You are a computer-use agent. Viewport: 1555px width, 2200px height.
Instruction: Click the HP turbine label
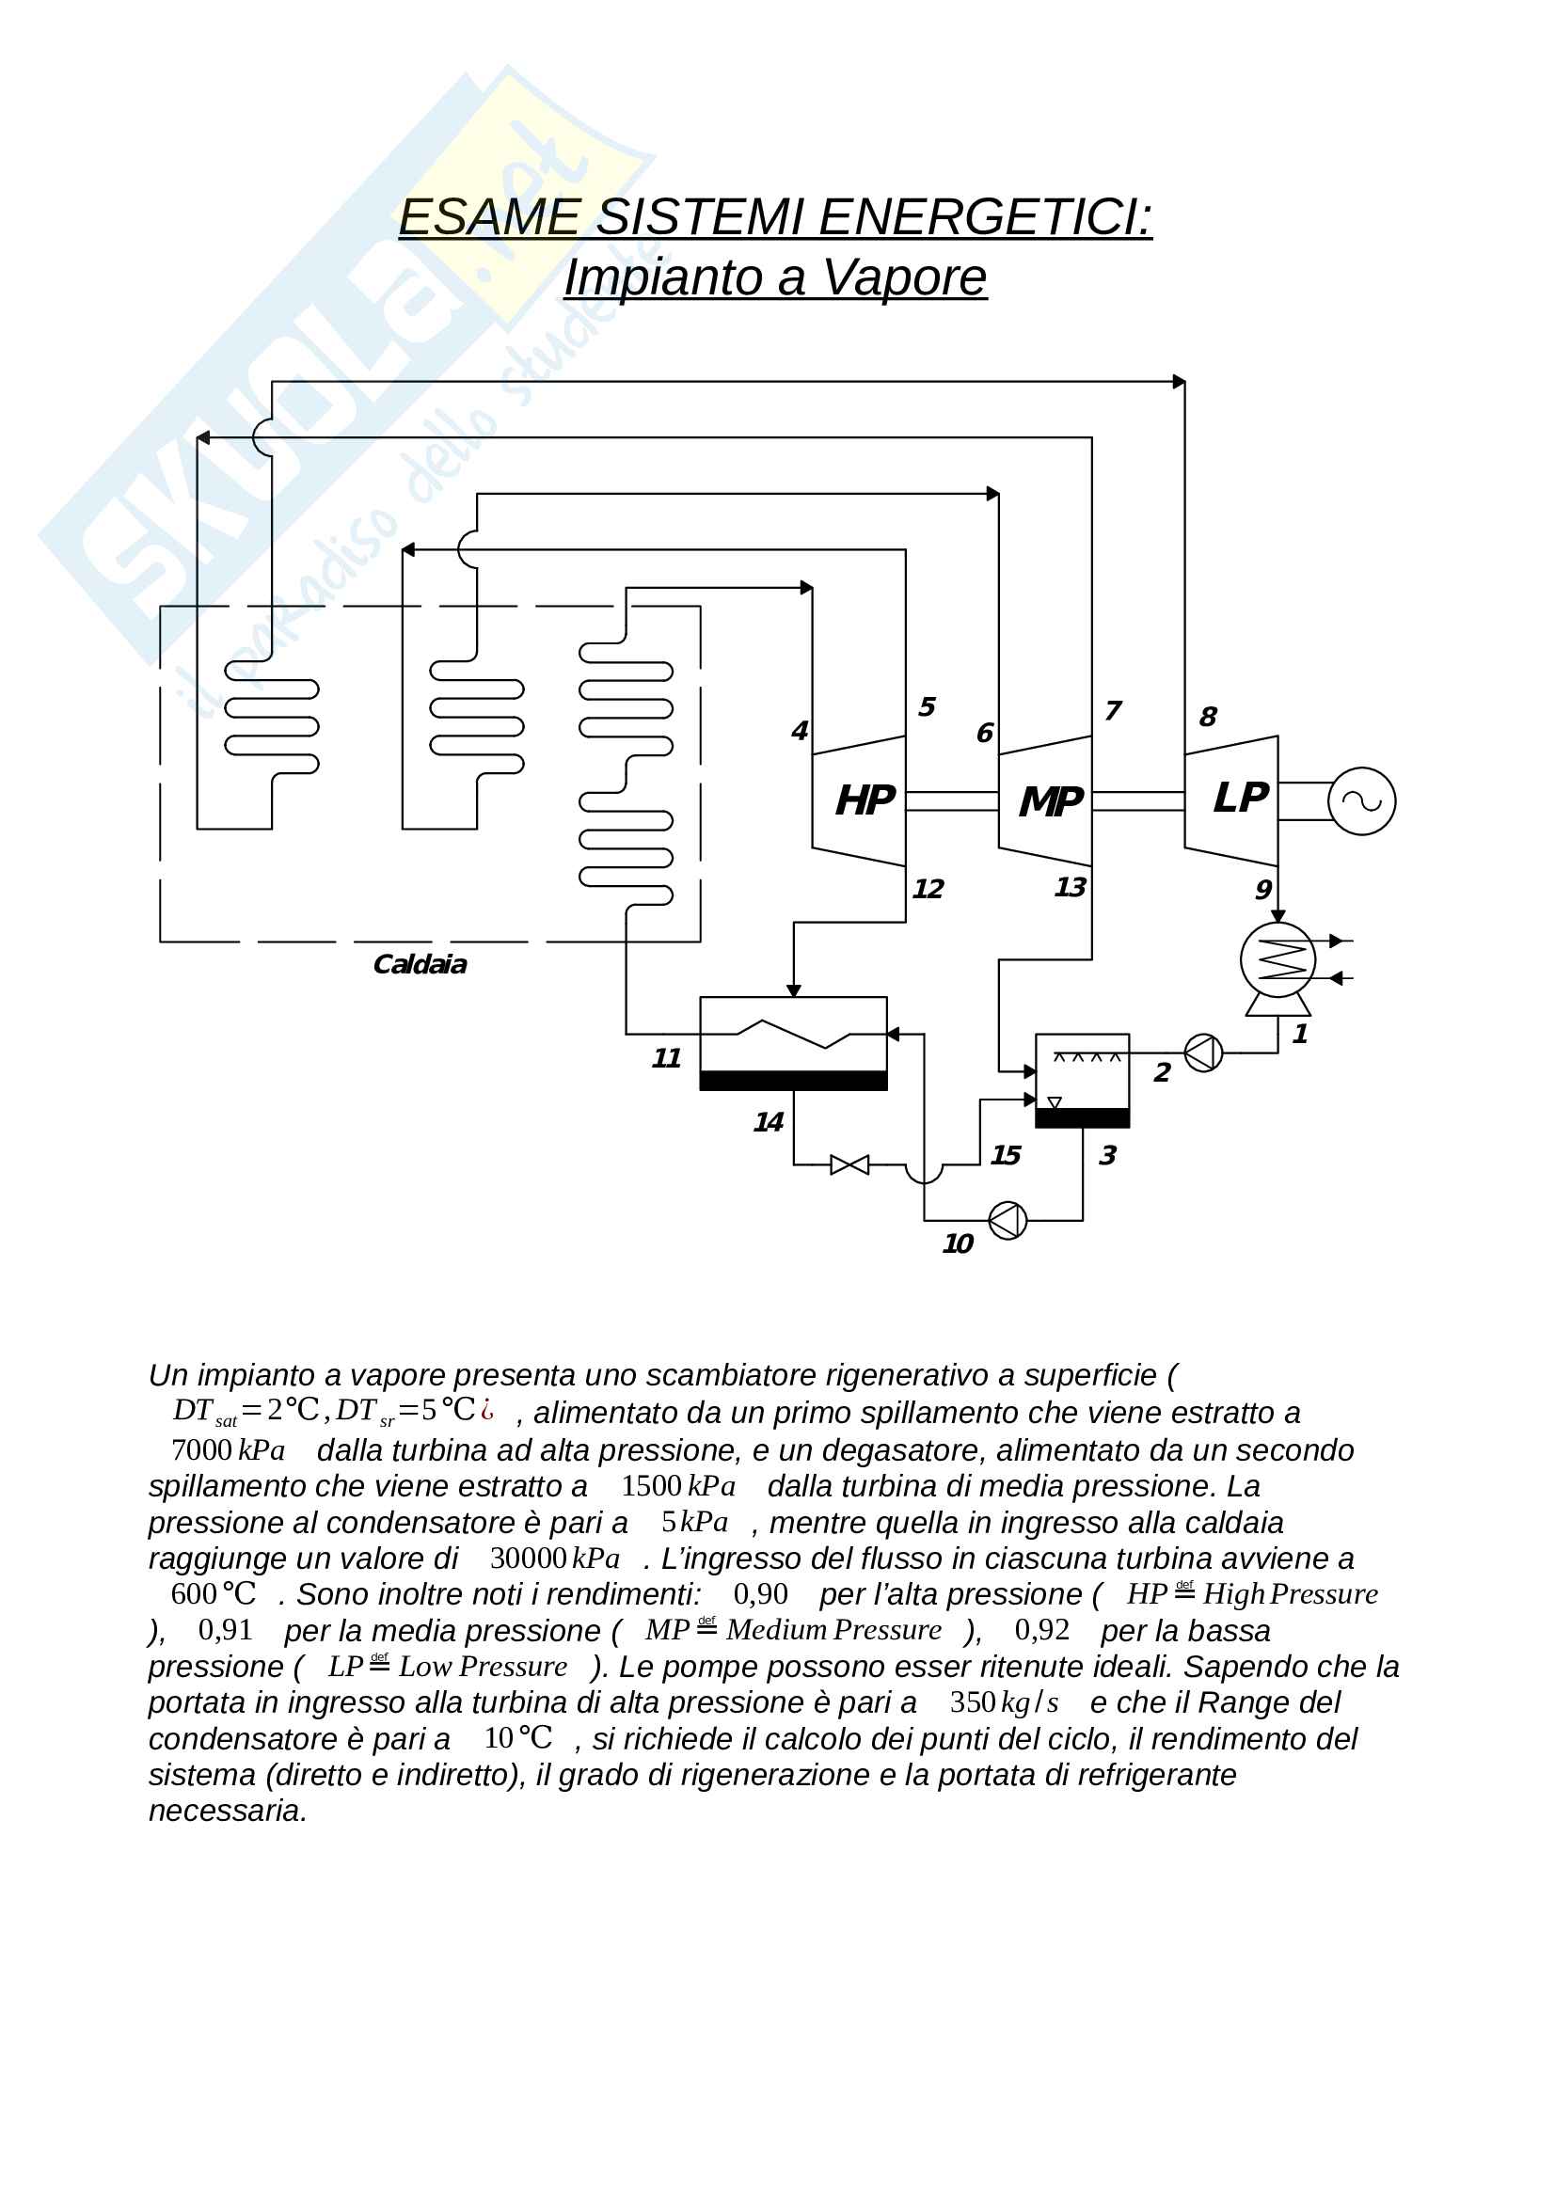pyautogui.click(x=865, y=800)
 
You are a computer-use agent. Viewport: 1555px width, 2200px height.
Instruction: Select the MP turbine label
pyautogui.click(x=1051, y=801)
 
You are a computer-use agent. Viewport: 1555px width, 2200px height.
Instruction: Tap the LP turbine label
pyautogui.click(x=1240, y=798)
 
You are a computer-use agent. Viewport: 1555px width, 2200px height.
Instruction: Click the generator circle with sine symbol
pyautogui.click(x=1361, y=801)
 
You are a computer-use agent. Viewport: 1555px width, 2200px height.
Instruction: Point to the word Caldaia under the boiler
pyautogui.click(x=420, y=964)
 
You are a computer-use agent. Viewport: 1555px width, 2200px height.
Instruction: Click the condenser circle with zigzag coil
pyautogui.click(x=1277, y=959)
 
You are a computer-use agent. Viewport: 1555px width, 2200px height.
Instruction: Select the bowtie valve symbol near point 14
pyautogui.click(x=849, y=1165)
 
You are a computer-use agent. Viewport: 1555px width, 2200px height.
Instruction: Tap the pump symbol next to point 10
pyautogui.click(x=1007, y=1221)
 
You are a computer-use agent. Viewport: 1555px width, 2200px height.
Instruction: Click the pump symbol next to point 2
pyautogui.click(x=1203, y=1053)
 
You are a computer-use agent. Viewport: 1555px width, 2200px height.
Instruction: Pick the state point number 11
pyautogui.click(x=666, y=1058)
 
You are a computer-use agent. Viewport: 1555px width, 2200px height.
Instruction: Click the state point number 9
pyautogui.click(x=1263, y=889)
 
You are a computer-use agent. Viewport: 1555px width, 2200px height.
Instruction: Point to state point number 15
pyautogui.click(x=1005, y=1156)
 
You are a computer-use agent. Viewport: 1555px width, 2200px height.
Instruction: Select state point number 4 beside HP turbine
pyautogui.click(x=799, y=731)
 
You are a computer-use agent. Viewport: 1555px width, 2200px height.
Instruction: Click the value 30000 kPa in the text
pyautogui.click(x=555, y=1559)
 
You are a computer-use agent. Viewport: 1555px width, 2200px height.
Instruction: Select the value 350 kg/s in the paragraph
pyautogui.click(x=1003, y=1702)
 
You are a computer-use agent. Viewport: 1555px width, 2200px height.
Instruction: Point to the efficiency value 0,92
pyautogui.click(x=1041, y=1631)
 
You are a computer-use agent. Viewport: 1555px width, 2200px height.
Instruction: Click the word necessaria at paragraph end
pyautogui.click(x=227, y=1811)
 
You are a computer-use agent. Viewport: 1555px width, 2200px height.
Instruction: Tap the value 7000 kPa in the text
pyautogui.click(x=228, y=1450)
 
